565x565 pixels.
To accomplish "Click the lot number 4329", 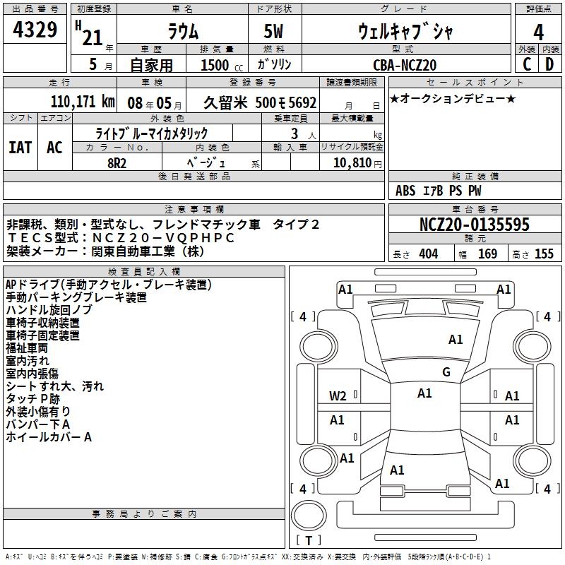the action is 35,30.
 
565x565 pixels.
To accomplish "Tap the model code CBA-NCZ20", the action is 405,64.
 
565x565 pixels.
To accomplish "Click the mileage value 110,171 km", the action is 83,102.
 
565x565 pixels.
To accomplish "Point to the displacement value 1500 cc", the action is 219,64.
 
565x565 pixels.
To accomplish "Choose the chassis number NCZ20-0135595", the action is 474,225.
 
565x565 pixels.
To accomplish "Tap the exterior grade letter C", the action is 527,64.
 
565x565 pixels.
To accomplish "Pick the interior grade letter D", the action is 549,64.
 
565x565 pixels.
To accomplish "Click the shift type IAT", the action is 20,147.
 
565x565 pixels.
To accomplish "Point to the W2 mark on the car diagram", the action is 338,396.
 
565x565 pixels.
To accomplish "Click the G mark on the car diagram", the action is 446,372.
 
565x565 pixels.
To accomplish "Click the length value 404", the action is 428,254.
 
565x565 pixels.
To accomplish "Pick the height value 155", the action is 544,254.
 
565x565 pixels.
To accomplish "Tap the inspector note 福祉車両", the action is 27,348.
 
